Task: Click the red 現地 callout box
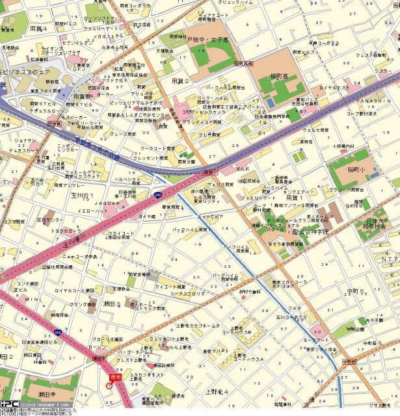pos(115,376)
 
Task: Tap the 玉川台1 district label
pos(83,195)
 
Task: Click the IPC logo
pos(9,404)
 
